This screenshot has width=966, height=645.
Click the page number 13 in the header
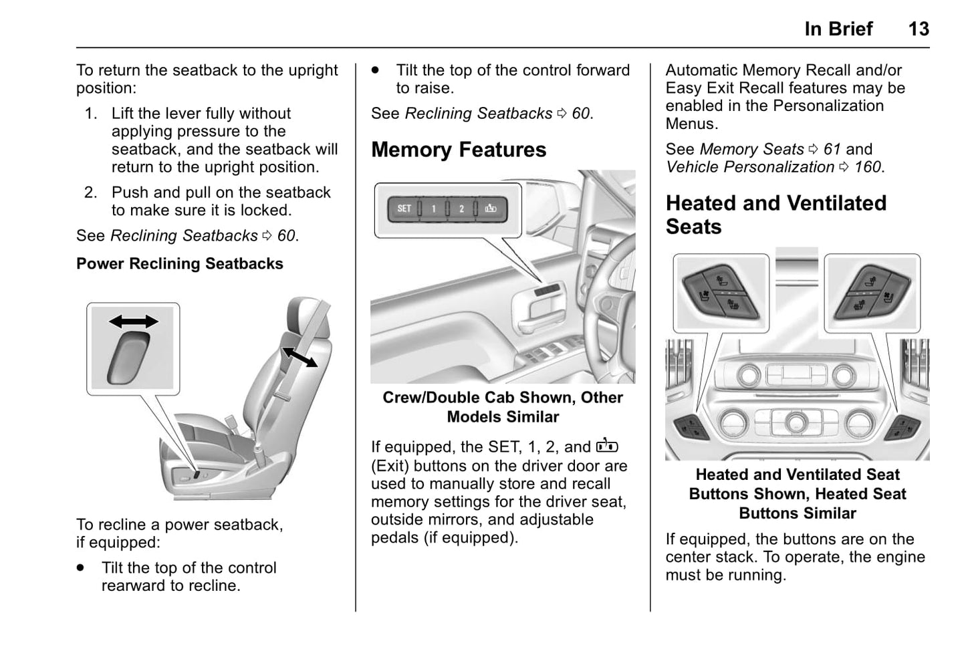918,29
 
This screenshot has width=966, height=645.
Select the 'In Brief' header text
838,29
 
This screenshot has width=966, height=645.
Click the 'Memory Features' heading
459,150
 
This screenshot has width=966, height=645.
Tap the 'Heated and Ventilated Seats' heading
775,215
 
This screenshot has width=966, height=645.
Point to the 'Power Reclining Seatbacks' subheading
179,264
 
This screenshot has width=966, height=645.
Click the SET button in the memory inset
404,209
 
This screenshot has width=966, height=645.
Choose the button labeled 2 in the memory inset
461,209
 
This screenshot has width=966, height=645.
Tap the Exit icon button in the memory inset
491,209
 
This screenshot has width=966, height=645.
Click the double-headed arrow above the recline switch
134,321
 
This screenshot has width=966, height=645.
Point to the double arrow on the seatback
299,357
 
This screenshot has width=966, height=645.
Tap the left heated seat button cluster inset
720,293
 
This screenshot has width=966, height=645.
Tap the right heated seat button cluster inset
872,293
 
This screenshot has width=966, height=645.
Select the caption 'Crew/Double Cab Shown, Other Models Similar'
502,407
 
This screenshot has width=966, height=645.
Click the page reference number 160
868,167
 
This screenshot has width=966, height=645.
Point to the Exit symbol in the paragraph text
607,446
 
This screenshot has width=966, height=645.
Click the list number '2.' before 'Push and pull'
91,192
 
